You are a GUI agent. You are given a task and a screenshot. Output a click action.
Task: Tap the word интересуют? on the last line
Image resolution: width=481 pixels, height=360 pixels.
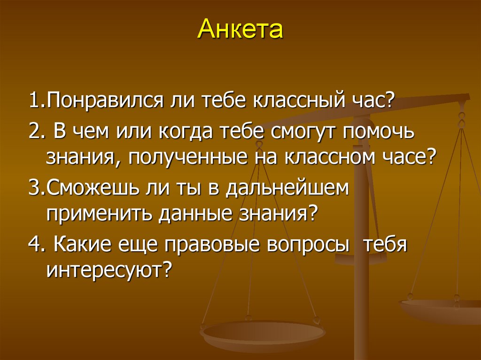click(x=108, y=271)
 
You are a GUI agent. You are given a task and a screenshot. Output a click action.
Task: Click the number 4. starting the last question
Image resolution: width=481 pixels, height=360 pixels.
click(x=36, y=245)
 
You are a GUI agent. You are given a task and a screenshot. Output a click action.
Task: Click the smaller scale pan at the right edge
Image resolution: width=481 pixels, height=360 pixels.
click(x=442, y=310)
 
